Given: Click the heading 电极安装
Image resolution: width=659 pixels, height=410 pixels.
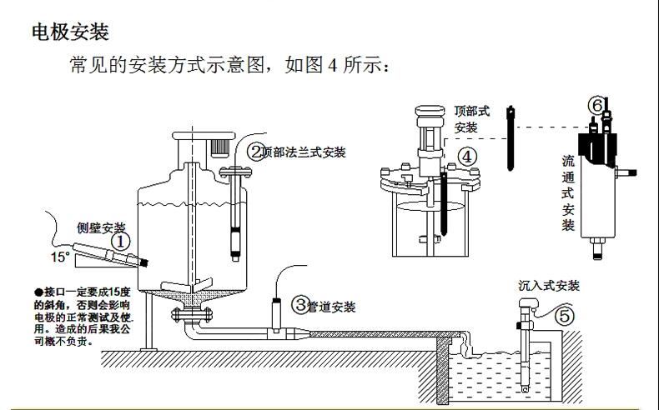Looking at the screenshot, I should (x=70, y=32).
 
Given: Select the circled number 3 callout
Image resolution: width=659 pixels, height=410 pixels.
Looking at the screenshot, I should (x=299, y=305).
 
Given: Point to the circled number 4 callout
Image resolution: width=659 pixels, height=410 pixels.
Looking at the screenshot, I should (x=466, y=156).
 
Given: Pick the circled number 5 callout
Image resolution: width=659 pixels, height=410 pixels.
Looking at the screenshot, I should (x=565, y=316).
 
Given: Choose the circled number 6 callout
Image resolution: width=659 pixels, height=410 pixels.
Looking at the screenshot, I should (x=596, y=105).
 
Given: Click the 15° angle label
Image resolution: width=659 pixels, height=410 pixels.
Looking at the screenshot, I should (x=60, y=257).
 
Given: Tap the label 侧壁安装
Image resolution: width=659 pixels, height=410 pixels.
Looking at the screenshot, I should (x=101, y=227).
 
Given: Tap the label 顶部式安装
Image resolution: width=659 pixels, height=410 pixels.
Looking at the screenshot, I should (x=472, y=118).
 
